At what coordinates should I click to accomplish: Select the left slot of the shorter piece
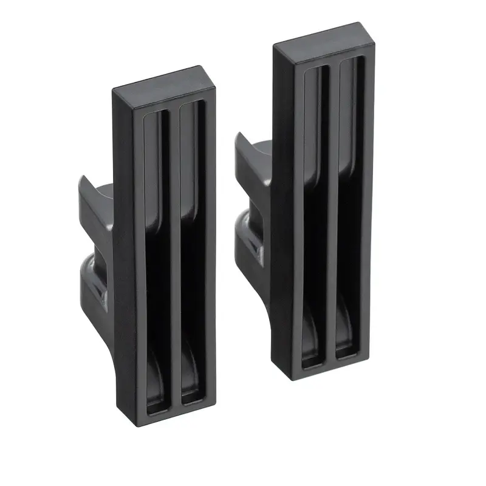154,255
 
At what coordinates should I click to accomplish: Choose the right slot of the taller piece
351,213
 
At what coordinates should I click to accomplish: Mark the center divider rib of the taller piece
333,213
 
